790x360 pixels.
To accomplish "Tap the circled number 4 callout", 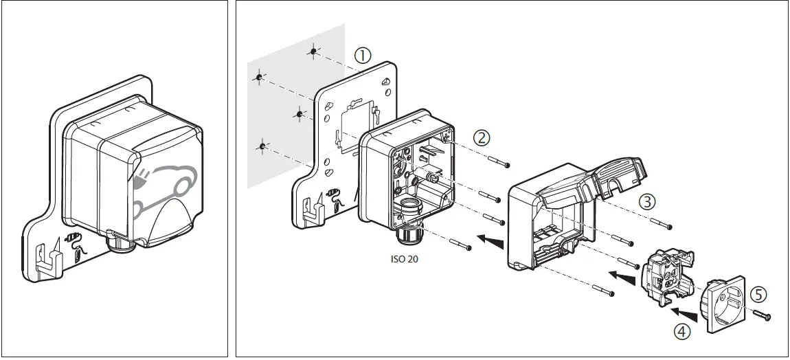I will [x=681, y=331].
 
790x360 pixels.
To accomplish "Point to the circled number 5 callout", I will [x=757, y=294].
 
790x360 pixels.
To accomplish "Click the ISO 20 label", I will [x=403, y=260].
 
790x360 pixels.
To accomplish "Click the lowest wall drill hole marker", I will [x=262, y=146].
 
